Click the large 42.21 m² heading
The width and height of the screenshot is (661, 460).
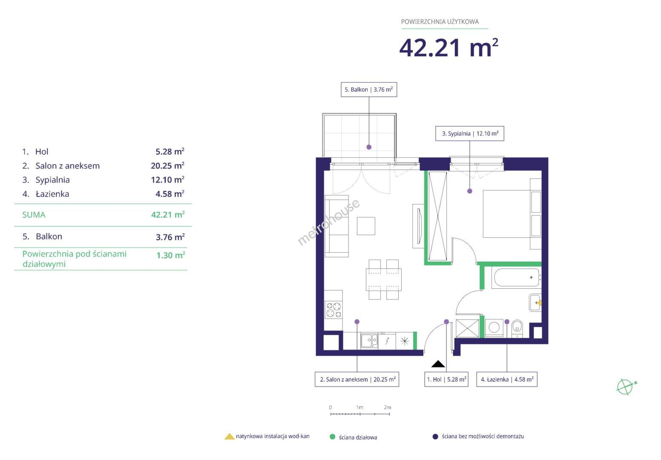pyautogui.click(x=449, y=48)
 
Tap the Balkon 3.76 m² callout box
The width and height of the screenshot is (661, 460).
pyautogui.click(x=369, y=89)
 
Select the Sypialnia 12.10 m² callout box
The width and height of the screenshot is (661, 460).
pyautogui.click(x=470, y=133)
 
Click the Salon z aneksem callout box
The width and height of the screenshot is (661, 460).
pyautogui.click(x=357, y=379)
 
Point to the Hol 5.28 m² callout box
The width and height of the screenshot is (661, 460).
pyautogui.click(x=446, y=379)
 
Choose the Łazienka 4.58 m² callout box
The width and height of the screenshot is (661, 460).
pyautogui.click(x=507, y=379)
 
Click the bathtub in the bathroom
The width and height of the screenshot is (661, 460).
pyautogui.click(x=517, y=278)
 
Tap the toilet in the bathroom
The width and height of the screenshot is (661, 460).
pyautogui.click(x=517, y=329)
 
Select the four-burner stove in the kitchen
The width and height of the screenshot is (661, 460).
pyautogui.click(x=334, y=310)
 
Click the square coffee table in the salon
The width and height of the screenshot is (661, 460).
pyautogui.click(x=366, y=226)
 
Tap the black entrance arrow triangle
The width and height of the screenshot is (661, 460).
pyautogui.click(x=438, y=364)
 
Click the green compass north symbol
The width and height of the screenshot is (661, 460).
pyautogui.click(x=626, y=387)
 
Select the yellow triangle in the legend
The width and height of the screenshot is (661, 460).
pyautogui.click(x=229, y=437)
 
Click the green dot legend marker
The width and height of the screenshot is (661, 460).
pyautogui.click(x=332, y=437)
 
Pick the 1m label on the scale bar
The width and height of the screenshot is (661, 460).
pyautogui.click(x=359, y=408)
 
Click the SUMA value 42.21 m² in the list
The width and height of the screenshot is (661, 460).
pyautogui.click(x=168, y=215)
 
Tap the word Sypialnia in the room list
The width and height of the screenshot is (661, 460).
pyautogui.click(x=52, y=180)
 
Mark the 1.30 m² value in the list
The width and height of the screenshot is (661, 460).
pyautogui.click(x=170, y=255)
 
